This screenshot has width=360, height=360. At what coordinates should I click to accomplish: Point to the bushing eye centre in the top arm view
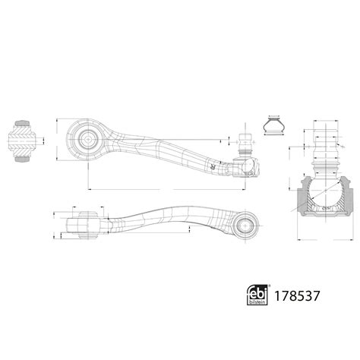86,140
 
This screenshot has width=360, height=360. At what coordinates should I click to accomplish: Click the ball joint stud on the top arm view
245,142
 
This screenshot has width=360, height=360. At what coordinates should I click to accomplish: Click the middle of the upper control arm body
163,147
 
